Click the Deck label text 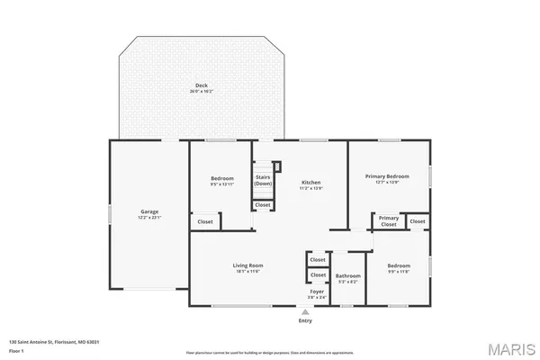click(x=202, y=85)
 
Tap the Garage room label click(x=148, y=211)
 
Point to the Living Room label click(x=247, y=265)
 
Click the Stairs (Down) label click(x=263, y=180)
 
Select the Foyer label click(x=317, y=292)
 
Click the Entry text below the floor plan click(x=305, y=320)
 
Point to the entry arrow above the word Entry click(x=305, y=312)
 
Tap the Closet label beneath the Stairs click(x=263, y=205)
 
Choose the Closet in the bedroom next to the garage click(x=205, y=221)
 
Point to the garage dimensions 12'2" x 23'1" click(x=148, y=218)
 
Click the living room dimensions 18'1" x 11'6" click(x=247, y=272)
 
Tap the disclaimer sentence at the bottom click(x=270, y=353)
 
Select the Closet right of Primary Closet click(x=418, y=220)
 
